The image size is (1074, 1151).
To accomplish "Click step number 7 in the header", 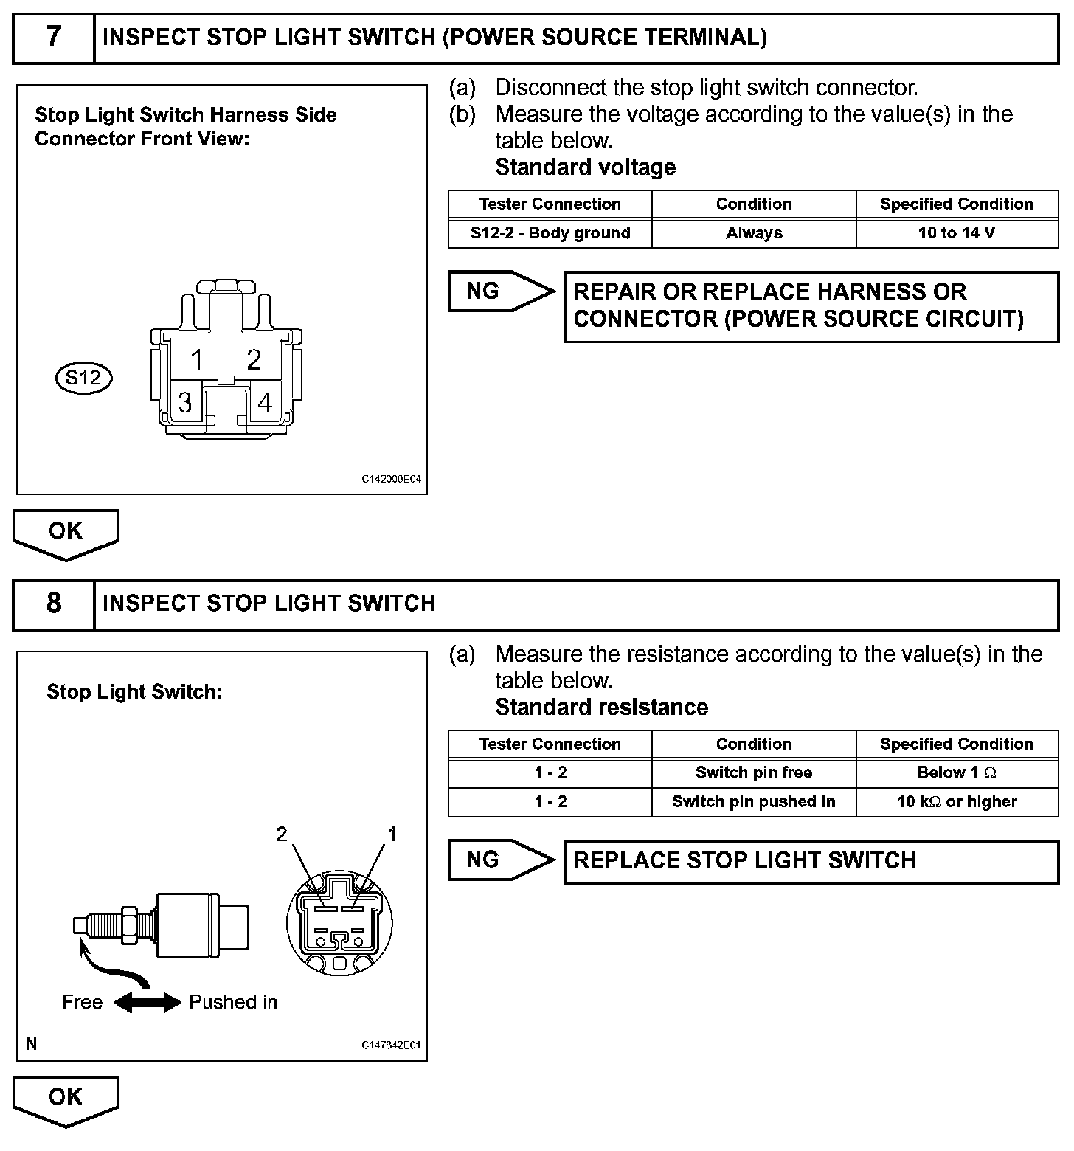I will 53,37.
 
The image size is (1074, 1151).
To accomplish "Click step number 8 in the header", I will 53,604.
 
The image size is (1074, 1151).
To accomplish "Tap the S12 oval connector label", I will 83,379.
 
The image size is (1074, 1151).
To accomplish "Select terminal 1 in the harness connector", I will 196,360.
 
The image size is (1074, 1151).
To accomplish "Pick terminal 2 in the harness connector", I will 254,360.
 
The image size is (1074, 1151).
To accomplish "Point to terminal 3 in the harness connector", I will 185,402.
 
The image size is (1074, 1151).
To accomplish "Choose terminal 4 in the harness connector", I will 265,402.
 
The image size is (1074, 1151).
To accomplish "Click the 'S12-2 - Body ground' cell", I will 550,233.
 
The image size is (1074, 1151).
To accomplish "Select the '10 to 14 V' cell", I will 957,233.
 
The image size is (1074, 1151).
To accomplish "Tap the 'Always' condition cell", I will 754,233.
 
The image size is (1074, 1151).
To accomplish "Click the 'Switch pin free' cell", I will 754,773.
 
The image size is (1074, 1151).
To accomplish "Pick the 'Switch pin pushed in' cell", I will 754,802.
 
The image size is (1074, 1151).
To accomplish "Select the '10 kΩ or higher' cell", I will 957,802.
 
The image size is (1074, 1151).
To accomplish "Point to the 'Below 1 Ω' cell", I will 957,773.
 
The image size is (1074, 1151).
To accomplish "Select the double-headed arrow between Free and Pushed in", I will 147,1002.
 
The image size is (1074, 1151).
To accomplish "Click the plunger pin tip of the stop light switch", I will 79,926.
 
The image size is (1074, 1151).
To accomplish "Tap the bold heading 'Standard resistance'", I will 601,708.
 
